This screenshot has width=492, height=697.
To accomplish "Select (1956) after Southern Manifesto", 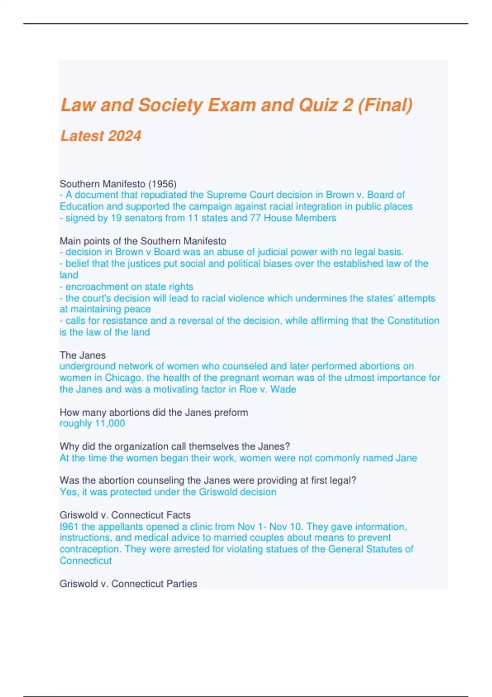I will coord(162,184).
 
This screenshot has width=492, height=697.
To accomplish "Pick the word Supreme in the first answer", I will coord(225,195).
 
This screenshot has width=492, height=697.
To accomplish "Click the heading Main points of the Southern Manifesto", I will coord(143,241).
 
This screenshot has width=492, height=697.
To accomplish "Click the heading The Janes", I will coord(82,355).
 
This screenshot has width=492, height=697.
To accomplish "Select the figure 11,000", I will coord(110,424).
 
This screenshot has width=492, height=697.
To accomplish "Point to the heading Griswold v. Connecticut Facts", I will coord(125,515).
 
